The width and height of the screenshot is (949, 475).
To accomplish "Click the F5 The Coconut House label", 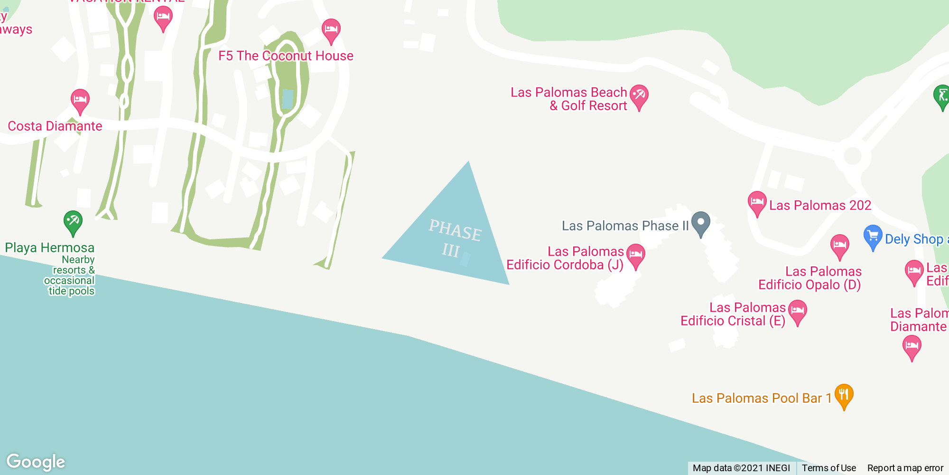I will coord(286,56).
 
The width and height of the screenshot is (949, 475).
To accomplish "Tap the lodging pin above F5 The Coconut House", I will coord(331,30).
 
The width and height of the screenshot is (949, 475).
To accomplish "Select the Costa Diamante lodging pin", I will coord(80,100).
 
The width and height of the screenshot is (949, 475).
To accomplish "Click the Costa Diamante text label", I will coord(55,126).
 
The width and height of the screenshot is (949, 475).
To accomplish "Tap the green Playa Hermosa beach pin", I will coord(73,222).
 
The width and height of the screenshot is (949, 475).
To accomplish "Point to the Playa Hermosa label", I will coord(50,248).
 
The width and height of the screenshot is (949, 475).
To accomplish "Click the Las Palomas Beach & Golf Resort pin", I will coord(639,96).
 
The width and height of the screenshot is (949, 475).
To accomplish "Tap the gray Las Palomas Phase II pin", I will coord(700,223).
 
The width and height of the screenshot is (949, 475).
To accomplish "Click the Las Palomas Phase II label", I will coord(625,226).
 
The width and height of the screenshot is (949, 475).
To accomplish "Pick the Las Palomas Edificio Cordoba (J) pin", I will coord(635,255).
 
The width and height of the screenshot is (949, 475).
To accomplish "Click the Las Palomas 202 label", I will coord(820,206).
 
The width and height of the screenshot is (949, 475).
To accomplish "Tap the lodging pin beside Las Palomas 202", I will coord(757,202).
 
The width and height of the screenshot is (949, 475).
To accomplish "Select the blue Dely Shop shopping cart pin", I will coord(873,236).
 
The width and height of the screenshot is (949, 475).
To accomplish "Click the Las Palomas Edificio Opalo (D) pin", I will coord(839,246).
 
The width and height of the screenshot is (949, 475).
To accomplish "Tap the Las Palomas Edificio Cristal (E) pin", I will coord(798,311).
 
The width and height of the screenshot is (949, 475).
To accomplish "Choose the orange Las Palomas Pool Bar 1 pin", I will coord(844,395).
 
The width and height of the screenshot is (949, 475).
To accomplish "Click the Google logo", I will coord(36,462).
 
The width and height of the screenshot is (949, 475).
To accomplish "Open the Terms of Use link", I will coord(829,468).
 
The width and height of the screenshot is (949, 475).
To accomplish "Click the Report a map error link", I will coord(905,468).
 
